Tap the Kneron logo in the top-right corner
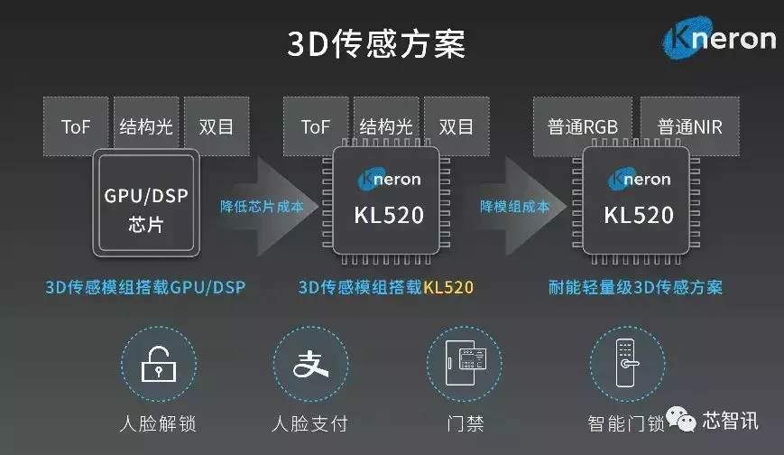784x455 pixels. click(718, 41)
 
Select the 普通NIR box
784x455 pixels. click(689, 126)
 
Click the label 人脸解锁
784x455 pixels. click(157, 423)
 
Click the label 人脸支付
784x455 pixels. click(309, 423)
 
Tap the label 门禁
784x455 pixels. click(463, 423)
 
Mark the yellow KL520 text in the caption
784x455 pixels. click(448, 288)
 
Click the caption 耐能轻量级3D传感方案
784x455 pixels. click(635, 288)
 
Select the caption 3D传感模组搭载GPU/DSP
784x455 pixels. click(145, 288)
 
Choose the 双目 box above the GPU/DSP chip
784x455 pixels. click(217, 126)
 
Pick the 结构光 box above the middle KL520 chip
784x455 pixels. click(386, 126)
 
